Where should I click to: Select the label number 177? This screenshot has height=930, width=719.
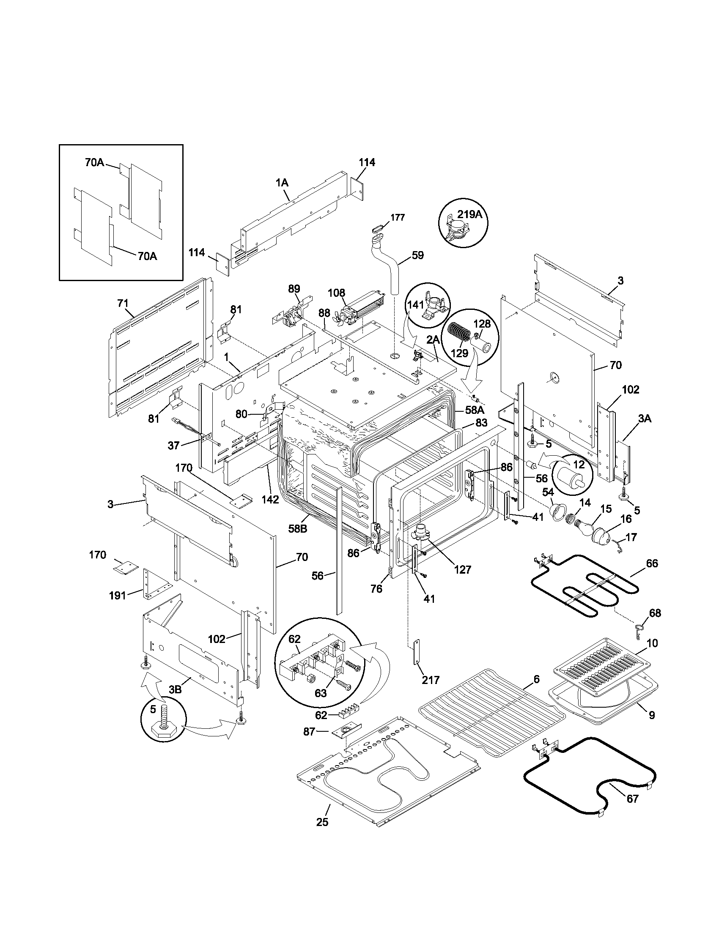[x=398, y=217]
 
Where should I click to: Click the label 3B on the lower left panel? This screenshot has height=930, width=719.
[x=175, y=689]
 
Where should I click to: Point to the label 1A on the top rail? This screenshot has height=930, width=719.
[x=282, y=183]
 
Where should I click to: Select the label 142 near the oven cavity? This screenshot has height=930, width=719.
[x=270, y=500]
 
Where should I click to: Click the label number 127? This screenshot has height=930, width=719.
[x=463, y=569]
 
